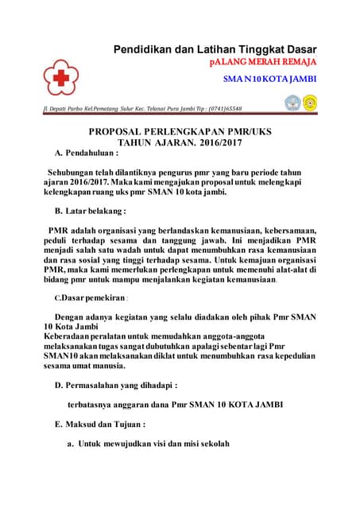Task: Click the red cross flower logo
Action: tap(61, 76)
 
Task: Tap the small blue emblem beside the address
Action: tap(292, 103)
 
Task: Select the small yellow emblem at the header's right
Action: tap(309, 103)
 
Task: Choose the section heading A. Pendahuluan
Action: tap(86, 153)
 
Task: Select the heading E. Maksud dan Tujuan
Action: tap(99, 424)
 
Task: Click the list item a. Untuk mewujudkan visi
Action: tap(148, 444)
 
